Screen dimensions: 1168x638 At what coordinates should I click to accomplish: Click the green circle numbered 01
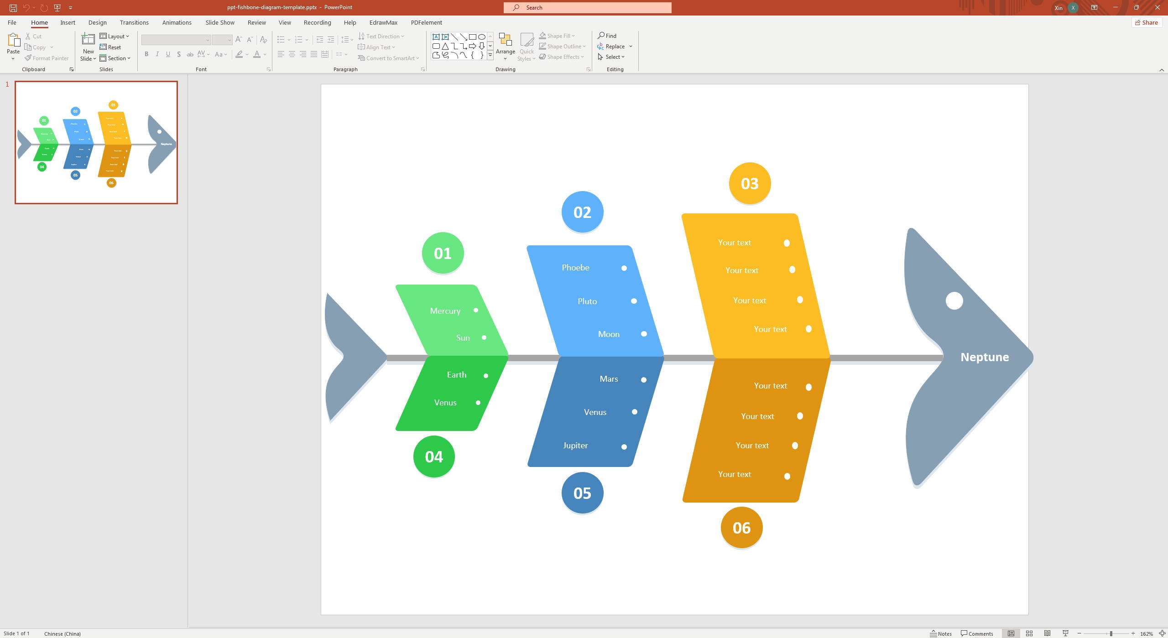pyautogui.click(x=443, y=253)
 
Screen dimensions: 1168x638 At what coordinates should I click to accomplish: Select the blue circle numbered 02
pyautogui.click(x=582, y=212)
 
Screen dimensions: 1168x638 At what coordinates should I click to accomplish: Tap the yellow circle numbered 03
pyautogui.click(x=750, y=183)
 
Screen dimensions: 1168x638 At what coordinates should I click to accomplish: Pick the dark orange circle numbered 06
pyautogui.click(x=741, y=528)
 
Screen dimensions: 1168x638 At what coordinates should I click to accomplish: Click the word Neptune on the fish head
pyautogui.click(x=985, y=357)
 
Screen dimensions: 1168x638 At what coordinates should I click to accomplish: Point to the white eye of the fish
pyautogui.click(x=954, y=301)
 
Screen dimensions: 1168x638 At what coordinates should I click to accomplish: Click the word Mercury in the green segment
pyautogui.click(x=445, y=311)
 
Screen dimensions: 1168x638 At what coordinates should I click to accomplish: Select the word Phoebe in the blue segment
pyautogui.click(x=575, y=268)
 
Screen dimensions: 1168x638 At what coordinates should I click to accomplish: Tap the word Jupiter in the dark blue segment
pyautogui.click(x=575, y=446)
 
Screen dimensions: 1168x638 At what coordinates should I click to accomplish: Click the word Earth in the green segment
pyautogui.click(x=456, y=375)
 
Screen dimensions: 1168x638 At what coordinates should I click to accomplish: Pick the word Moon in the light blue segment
pyautogui.click(x=609, y=334)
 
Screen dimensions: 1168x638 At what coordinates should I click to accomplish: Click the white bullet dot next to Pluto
pyautogui.click(x=634, y=301)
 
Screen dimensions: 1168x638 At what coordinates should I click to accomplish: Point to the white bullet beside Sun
pyautogui.click(x=484, y=338)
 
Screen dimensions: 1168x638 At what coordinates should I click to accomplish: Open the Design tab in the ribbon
pyautogui.click(x=97, y=22)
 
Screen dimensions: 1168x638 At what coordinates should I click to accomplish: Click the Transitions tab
pyautogui.click(x=134, y=22)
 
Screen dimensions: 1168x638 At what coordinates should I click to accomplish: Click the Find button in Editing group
pyautogui.click(x=607, y=36)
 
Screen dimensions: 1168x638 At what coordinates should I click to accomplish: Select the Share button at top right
pyautogui.click(x=1146, y=22)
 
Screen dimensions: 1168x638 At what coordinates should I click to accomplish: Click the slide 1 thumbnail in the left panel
pyautogui.click(x=96, y=142)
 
